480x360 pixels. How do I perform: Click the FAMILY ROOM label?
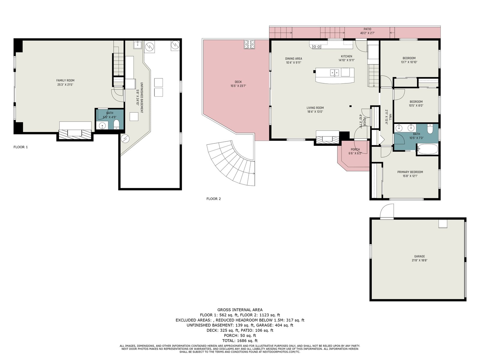coord(65,80)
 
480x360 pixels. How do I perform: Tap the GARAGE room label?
coord(419,256)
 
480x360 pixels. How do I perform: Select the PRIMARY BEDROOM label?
coord(410,172)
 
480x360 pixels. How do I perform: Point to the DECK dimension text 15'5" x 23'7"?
coord(238,86)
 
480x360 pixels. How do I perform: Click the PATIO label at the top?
coord(367,29)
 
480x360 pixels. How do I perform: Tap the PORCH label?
coord(355,149)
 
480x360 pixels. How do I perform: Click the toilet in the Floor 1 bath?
coord(116,124)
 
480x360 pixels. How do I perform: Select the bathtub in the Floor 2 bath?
coord(427,149)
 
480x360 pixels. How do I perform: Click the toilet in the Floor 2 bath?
coord(430,129)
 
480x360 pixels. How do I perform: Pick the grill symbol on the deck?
coord(250,44)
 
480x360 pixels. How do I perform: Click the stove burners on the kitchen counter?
coord(316,46)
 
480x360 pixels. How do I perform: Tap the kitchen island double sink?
coord(334,73)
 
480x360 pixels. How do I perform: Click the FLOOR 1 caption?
coord(21,147)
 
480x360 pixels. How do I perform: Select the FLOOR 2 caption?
coord(213,199)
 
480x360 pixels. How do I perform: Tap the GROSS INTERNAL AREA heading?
coord(240,310)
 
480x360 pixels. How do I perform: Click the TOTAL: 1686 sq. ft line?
coord(240,340)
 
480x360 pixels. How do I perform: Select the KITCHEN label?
coord(346,56)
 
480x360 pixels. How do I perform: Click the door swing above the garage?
coord(387,211)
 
